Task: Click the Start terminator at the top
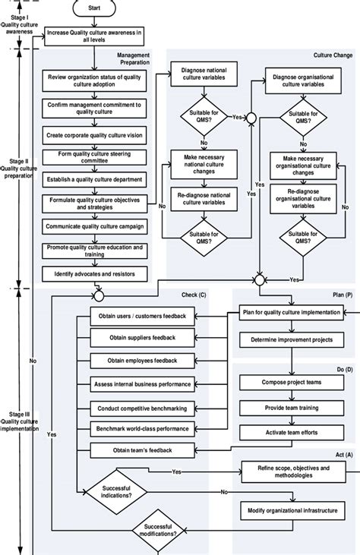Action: pos(94,7)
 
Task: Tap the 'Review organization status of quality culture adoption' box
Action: pos(93,81)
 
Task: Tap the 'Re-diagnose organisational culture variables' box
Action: pos(303,200)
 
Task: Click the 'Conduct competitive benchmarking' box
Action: pos(142,408)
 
